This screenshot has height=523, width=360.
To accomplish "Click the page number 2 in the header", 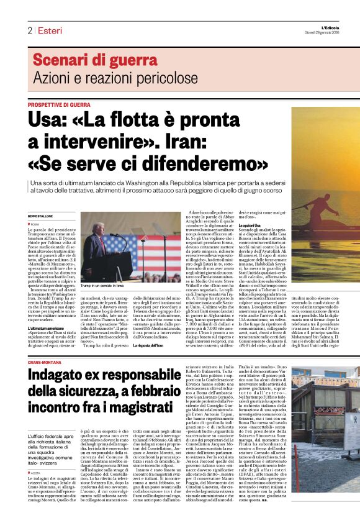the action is point(29,30).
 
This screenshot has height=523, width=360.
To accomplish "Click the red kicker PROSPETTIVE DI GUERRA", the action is point(59,105).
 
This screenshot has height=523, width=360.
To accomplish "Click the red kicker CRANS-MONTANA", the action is point(43,361).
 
